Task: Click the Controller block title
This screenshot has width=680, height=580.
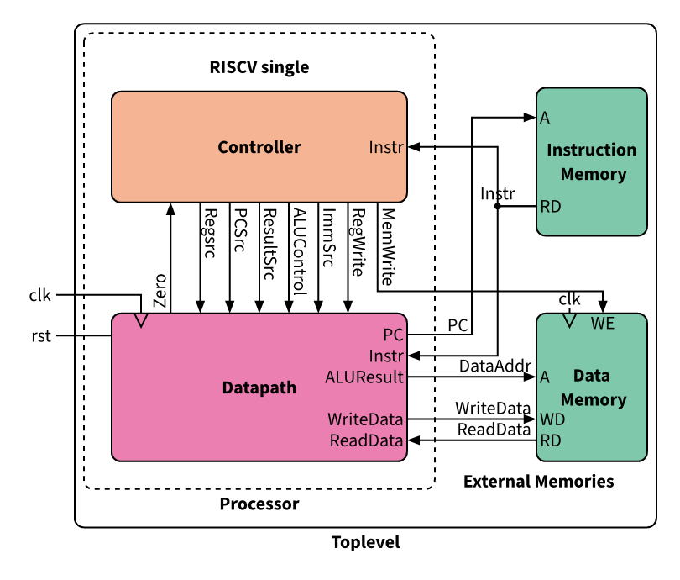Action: [259, 148]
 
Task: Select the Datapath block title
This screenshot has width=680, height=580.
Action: [259, 388]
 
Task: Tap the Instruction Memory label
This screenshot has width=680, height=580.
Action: [592, 162]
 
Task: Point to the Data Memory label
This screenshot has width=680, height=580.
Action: [593, 388]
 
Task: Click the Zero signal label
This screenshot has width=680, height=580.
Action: [160, 290]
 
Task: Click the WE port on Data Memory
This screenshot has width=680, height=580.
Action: [603, 324]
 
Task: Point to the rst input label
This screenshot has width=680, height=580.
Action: [40, 336]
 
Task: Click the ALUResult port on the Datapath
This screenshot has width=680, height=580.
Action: [366, 377]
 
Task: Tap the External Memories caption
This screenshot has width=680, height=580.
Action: [538, 482]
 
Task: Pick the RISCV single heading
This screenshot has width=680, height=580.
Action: [259, 67]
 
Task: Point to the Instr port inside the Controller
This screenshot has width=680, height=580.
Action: [386, 148]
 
